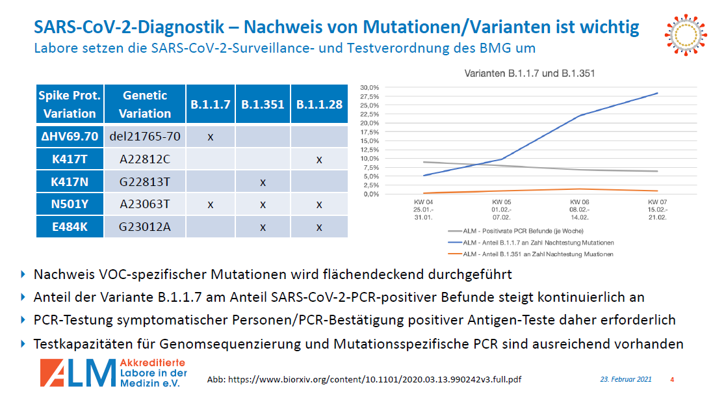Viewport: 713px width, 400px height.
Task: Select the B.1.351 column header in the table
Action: (x=263, y=104)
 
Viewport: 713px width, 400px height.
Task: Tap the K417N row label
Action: (x=69, y=181)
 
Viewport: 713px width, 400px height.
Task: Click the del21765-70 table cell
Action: (x=145, y=137)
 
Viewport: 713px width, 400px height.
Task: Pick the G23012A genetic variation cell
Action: (x=145, y=226)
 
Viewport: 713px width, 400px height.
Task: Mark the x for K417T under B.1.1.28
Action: (x=318, y=159)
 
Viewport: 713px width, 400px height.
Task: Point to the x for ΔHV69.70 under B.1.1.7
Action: (x=210, y=137)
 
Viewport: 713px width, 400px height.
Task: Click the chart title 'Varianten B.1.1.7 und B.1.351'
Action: (x=529, y=73)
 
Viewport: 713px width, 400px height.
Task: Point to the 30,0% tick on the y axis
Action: (x=369, y=87)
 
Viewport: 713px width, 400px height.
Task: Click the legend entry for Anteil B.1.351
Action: (x=530, y=254)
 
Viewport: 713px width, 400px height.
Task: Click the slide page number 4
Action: (x=672, y=379)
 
